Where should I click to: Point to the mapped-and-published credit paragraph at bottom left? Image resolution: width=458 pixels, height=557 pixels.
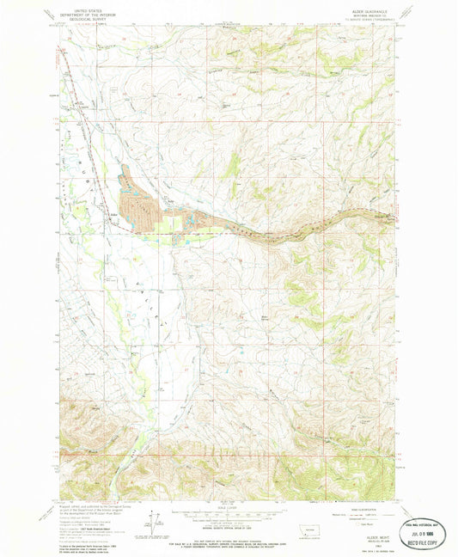point(95,516)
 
